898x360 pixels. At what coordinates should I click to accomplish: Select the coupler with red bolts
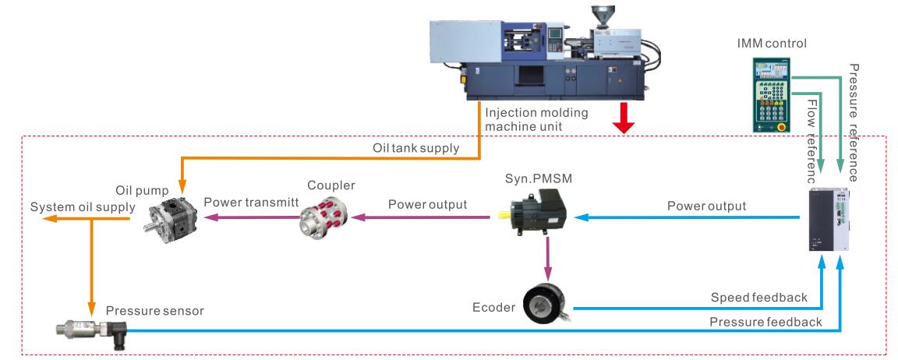pyautogui.click(x=320, y=217)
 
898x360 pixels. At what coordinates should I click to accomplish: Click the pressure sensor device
pyautogui.click(x=91, y=332)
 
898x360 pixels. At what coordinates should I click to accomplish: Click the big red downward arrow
pyautogui.click(x=624, y=118)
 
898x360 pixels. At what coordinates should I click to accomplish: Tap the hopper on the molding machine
pyautogui.click(x=603, y=16)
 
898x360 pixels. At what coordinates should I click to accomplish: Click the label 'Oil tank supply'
pyautogui.click(x=415, y=148)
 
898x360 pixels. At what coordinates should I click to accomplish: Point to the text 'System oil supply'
pyautogui.click(x=83, y=206)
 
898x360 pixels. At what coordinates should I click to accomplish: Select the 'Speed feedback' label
pyautogui.click(x=758, y=297)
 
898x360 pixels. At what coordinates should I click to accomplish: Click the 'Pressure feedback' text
pyautogui.click(x=765, y=322)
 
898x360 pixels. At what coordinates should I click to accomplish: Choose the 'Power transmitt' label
pyautogui.click(x=248, y=202)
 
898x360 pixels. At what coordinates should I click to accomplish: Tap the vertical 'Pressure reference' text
pyautogui.click(x=854, y=122)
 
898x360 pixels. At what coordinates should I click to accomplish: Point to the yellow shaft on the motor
pyautogui.click(x=504, y=216)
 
